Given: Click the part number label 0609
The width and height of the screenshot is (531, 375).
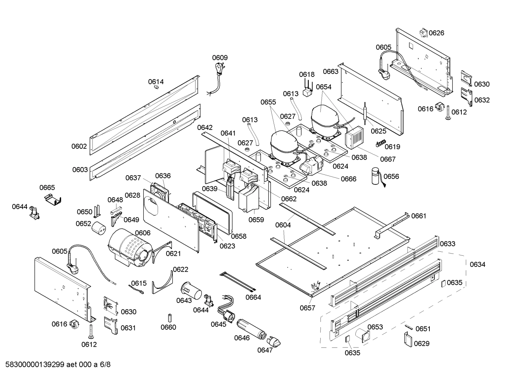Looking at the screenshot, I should tap(220, 57).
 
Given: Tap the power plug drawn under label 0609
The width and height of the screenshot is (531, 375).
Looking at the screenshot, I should tap(218, 69).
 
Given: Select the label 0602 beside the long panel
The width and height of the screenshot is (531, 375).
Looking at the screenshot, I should tap(79, 146).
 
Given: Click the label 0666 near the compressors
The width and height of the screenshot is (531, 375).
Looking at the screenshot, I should tap(348, 179).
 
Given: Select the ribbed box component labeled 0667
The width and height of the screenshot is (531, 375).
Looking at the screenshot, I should tap(354, 139).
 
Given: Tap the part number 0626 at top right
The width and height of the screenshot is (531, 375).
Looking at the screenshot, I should tap(436, 33).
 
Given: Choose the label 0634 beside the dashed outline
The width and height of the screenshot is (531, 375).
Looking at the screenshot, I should tap(478, 264).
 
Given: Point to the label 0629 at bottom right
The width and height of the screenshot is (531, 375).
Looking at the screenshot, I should tap(422, 343).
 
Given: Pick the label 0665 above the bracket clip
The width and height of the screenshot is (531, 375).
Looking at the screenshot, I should tap(47, 188).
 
